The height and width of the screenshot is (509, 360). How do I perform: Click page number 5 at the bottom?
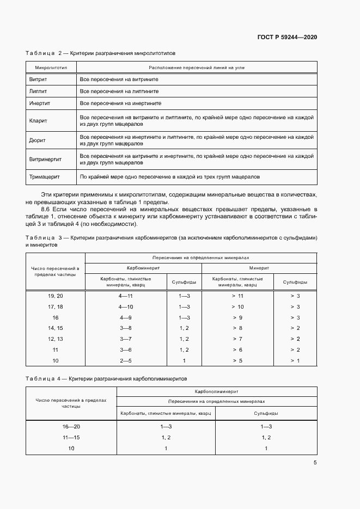[315, 463]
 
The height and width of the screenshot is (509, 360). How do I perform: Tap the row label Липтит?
[38, 91]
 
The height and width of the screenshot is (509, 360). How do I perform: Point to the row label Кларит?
[38, 120]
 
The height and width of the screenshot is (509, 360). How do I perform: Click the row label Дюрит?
[37, 140]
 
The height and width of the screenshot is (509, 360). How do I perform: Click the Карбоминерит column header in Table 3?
[143, 268]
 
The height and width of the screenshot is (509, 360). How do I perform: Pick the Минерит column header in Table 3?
[259, 268]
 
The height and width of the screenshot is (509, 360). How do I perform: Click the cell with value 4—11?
[126, 296]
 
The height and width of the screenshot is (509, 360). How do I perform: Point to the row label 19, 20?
[56, 296]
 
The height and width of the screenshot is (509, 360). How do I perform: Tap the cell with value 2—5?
[126, 361]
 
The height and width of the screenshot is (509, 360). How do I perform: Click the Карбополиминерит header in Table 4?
[216, 391]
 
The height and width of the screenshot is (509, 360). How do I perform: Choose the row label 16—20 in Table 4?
[71, 427]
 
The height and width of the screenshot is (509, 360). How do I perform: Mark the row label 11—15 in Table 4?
[71, 438]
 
